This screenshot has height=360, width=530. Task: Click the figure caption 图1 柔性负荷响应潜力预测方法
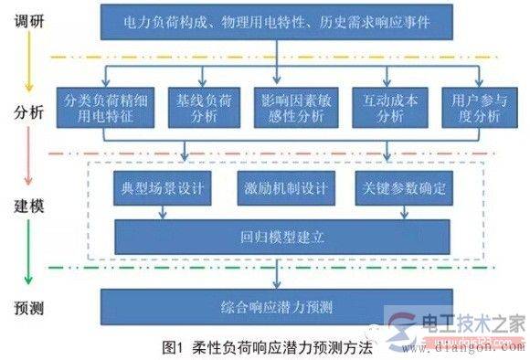250,346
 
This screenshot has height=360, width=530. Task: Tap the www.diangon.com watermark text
470,346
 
